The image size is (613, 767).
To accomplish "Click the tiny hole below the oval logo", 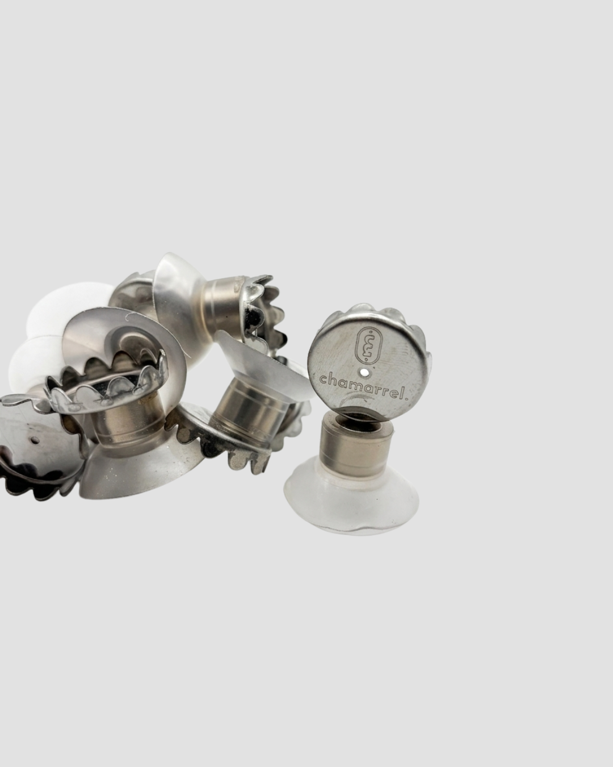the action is click(364, 373).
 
